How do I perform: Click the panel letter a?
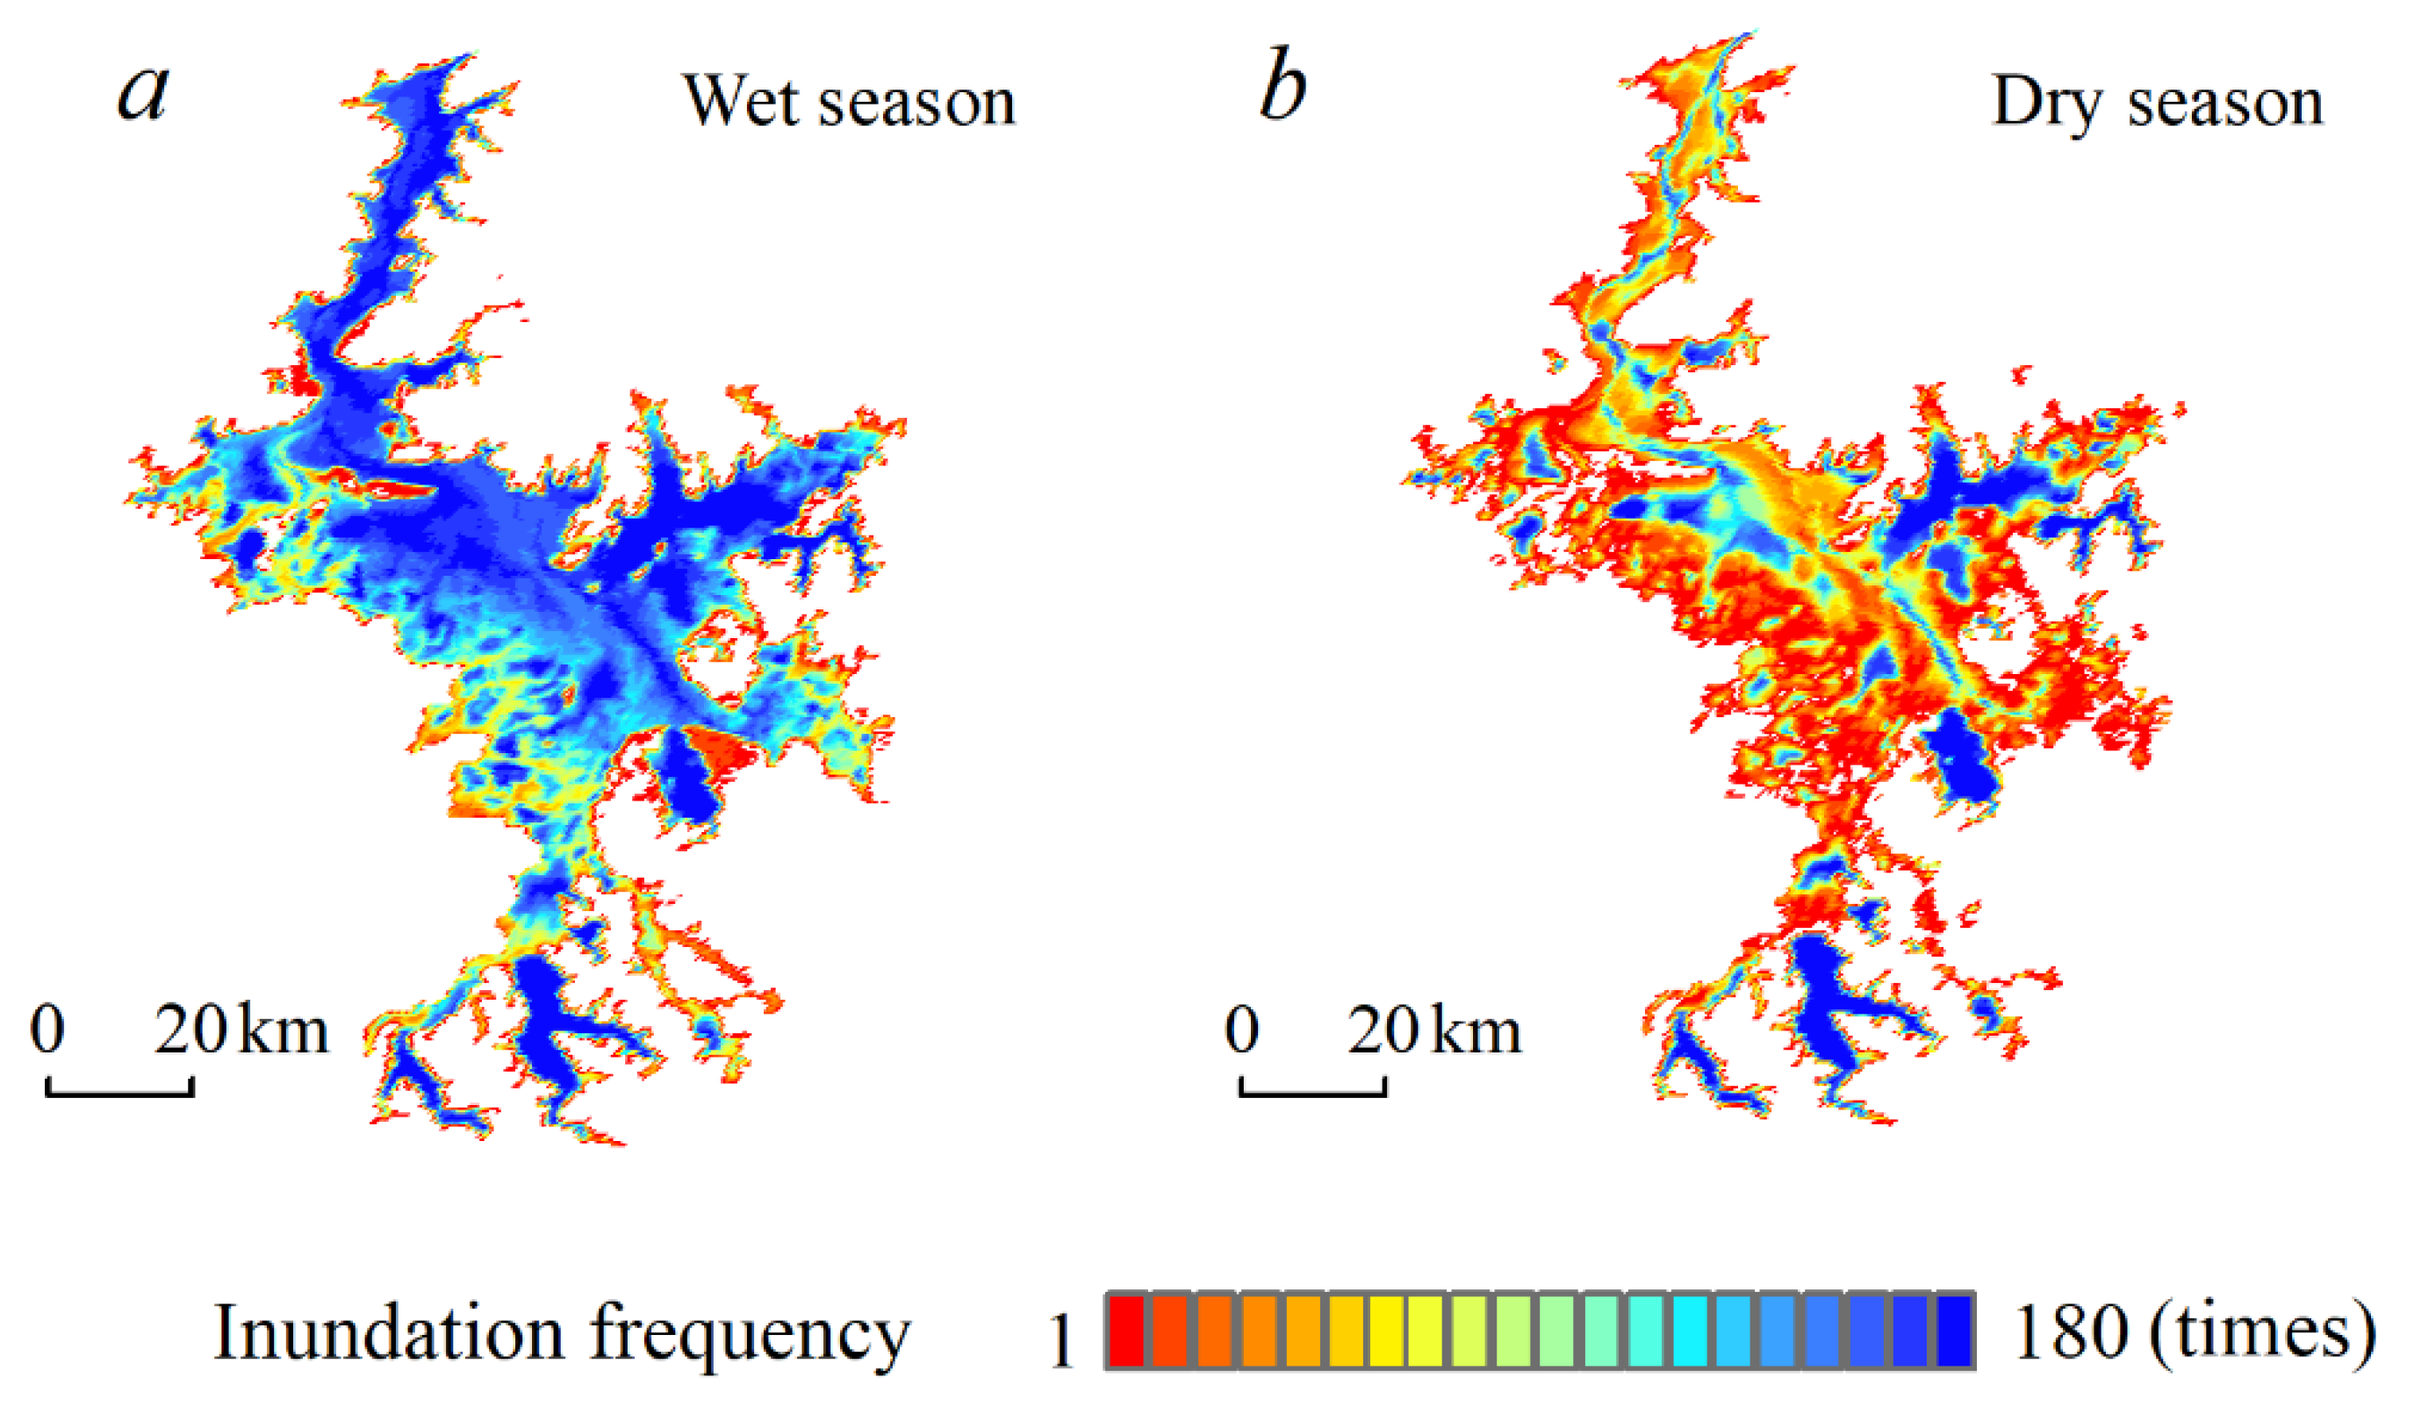coord(144,92)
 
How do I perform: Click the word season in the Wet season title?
coord(916,102)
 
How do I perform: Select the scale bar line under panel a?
coord(119,1090)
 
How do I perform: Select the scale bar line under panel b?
coord(1312,1090)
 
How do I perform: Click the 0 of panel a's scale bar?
coord(47,1030)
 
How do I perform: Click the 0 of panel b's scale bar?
coord(1241,1030)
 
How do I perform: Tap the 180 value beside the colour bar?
coord(2070,1332)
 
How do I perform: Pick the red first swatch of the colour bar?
coord(1126,1331)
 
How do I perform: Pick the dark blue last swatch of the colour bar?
coord(1954,1331)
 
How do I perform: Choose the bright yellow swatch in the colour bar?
coord(1387,1331)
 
